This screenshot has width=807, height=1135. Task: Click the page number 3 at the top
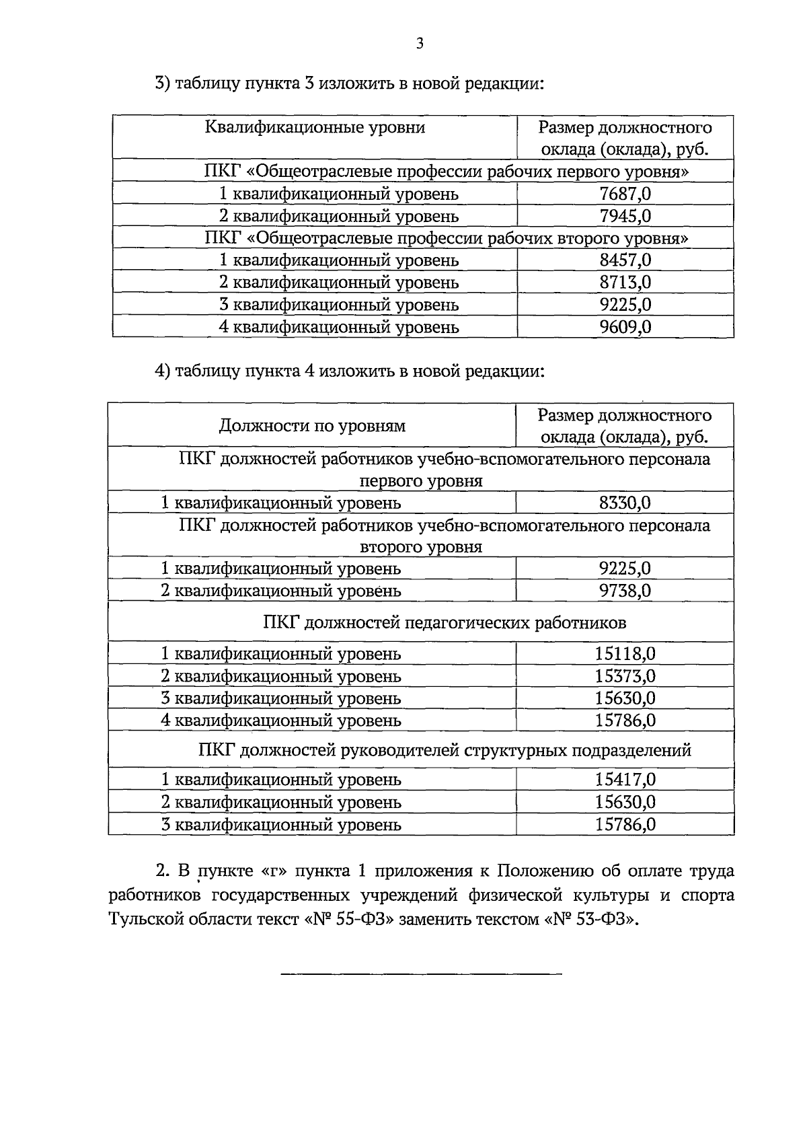coord(420,44)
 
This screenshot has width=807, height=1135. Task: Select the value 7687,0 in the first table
coord(625,194)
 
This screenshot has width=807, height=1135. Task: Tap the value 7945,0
coord(625,217)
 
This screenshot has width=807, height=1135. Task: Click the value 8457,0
coord(625,260)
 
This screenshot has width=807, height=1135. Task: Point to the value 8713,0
coord(625,283)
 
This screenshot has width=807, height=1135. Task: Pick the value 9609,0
coord(625,327)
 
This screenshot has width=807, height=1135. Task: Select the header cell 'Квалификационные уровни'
coord(315,128)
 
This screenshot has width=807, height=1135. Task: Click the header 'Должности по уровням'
coord(312,426)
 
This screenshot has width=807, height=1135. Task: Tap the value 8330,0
coord(625,503)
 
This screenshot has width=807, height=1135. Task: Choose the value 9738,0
coord(625,591)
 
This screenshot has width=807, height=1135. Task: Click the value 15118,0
coord(625,654)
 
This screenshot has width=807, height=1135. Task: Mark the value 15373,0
coord(625,676)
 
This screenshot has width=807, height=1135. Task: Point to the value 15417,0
coord(625,780)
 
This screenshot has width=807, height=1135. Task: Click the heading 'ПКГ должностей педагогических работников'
coord(445,623)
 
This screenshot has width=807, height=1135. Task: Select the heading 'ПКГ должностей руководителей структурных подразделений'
coord(445,750)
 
